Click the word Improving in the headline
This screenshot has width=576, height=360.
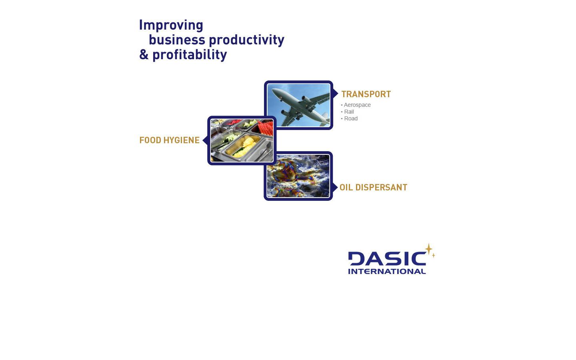(171, 25)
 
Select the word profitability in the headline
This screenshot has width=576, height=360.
(190, 54)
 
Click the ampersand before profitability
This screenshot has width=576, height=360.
(144, 54)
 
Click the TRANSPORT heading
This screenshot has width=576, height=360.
(366, 94)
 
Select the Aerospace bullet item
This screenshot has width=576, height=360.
(357, 105)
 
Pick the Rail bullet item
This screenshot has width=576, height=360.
(349, 112)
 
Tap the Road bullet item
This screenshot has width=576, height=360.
(350, 118)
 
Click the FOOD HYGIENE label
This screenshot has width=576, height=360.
(169, 140)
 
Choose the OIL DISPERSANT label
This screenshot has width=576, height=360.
(373, 188)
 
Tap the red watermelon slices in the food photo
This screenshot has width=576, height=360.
(265, 128)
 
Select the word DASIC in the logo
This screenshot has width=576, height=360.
(386, 258)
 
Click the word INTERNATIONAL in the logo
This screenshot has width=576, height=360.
(386, 271)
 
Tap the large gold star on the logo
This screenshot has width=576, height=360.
(428, 249)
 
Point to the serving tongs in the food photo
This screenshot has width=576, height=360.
(264, 152)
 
